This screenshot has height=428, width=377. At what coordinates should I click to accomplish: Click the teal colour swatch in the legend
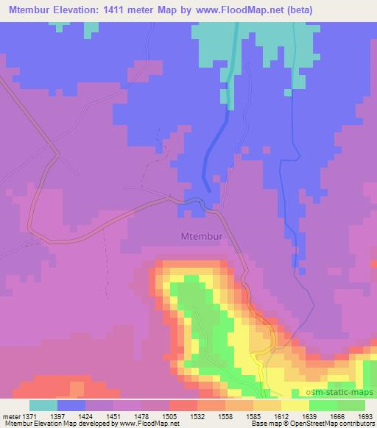pos(43,405)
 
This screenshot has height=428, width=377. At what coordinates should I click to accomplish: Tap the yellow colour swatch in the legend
pos(295,405)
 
